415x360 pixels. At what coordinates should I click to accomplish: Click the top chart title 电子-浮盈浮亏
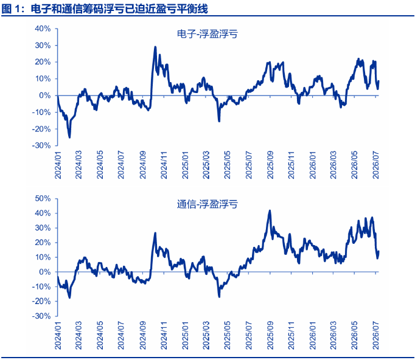207,35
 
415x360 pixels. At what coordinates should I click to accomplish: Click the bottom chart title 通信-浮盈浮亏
207,204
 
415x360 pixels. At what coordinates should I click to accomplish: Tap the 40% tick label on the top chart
43,29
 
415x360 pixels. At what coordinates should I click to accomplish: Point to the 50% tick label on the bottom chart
43,198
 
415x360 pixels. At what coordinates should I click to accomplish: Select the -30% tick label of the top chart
41,145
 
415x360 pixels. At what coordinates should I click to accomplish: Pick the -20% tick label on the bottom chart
41,301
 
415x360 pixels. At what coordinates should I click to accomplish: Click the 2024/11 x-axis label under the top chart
164,165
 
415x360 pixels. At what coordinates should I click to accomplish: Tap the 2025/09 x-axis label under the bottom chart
270,336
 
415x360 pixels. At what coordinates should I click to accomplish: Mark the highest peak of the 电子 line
155,47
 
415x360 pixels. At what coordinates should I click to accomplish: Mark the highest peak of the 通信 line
270,210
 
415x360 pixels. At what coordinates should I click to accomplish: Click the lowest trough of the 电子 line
69,137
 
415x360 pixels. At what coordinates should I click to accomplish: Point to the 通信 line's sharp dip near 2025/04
219,297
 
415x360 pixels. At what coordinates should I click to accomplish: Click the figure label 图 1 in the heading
11,9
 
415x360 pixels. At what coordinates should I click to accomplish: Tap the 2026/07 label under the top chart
376,165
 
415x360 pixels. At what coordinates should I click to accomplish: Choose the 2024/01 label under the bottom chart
58,336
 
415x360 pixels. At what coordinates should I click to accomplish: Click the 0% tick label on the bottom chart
45,272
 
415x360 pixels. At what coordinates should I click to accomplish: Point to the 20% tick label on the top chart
43,62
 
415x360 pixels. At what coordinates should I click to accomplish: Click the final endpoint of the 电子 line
378,81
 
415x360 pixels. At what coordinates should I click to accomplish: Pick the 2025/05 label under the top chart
228,165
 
